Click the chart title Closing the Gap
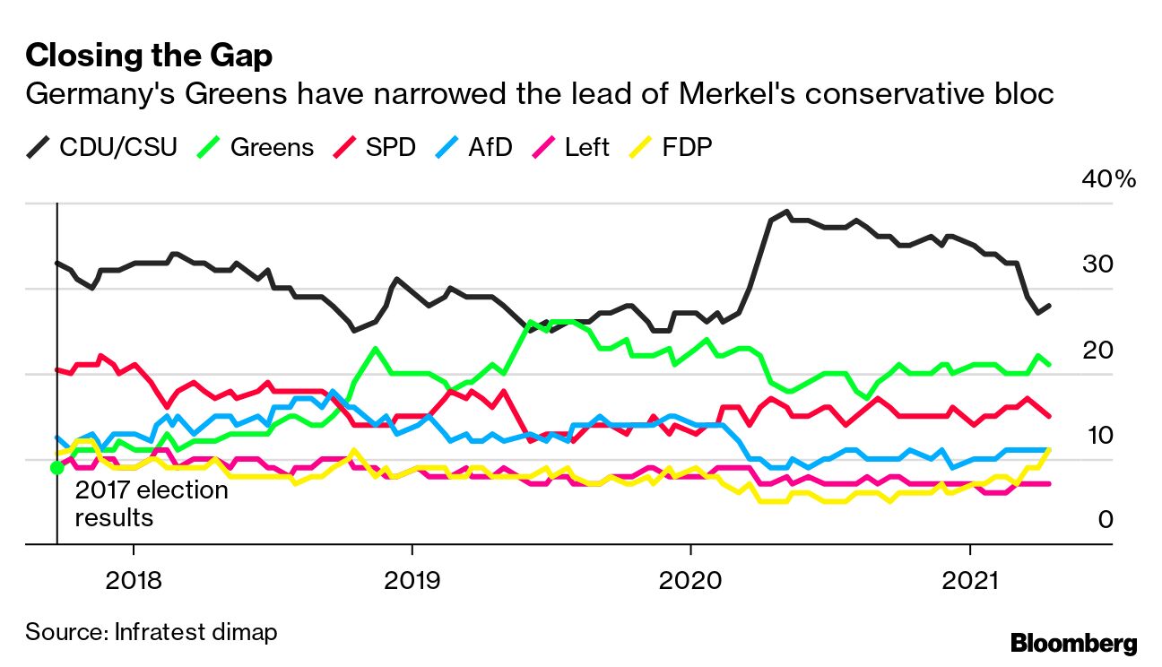(x=149, y=56)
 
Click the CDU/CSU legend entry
(x=101, y=147)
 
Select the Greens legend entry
(x=258, y=147)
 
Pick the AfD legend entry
(x=475, y=147)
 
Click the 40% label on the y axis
(x=1109, y=179)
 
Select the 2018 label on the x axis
(x=134, y=580)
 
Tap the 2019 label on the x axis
(x=412, y=580)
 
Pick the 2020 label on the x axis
(x=690, y=580)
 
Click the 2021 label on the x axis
(x=969, y=580)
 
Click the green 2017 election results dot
(x=56, y=467)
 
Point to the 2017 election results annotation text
(x=151, y=504)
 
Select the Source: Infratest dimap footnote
(x=152, y=631)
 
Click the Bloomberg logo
(x=1073, y=643)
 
